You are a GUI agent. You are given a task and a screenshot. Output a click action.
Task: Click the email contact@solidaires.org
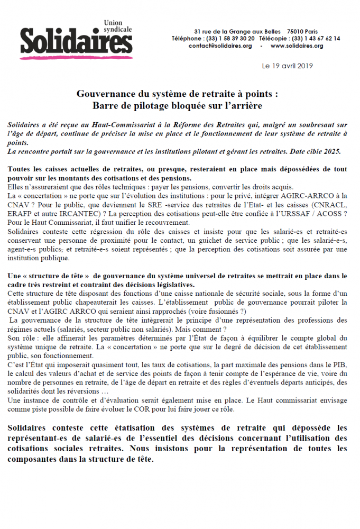point(220,46)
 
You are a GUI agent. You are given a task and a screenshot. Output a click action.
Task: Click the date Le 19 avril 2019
point(287,66)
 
